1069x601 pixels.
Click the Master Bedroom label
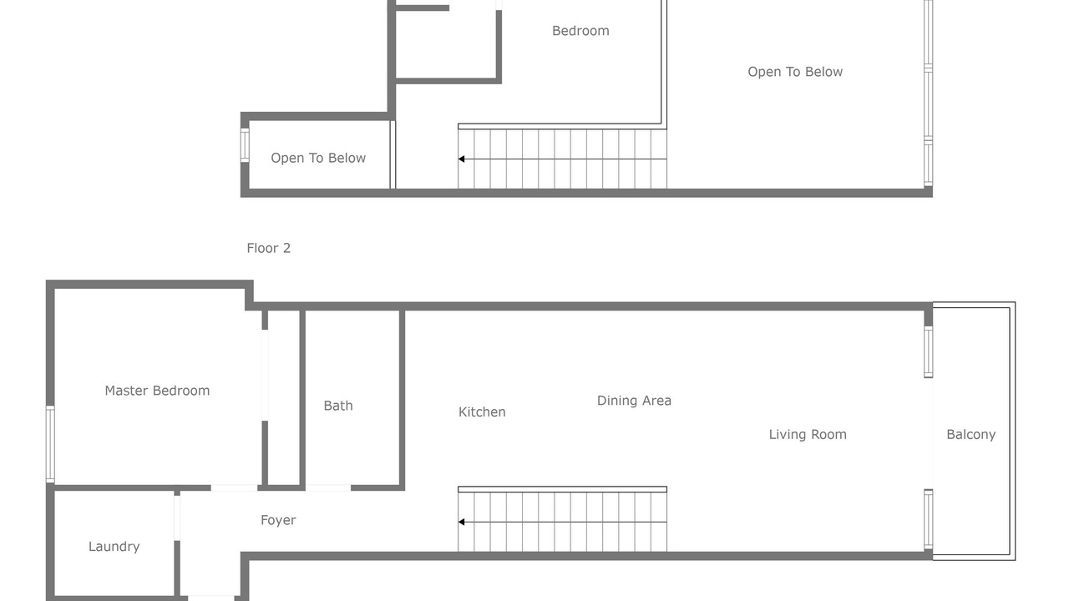point(157,391)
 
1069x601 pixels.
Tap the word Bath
point(338,406)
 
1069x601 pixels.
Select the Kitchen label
point(482,412)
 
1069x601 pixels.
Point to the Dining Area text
point(634,400)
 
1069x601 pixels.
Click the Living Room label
point(808,435)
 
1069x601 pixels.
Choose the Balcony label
point(971,435)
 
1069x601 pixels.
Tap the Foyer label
point(278,520)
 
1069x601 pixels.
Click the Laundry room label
point(114,546)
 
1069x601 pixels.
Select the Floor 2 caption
point(269,248)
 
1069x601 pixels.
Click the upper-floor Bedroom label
point(580,31)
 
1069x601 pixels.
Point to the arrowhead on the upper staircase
point(461,159)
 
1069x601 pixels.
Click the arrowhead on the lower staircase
point(461,522)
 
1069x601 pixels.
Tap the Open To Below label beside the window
point(318,158)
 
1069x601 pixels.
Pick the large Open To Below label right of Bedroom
point(795,72)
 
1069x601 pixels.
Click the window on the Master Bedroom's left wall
point(50,443)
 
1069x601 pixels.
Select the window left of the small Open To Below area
point(245,145)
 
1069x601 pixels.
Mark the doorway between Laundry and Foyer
point(177,518)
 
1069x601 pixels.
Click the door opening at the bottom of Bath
point(328,487)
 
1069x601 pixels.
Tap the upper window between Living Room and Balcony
point(928,352)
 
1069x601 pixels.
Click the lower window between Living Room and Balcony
point(928,519)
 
